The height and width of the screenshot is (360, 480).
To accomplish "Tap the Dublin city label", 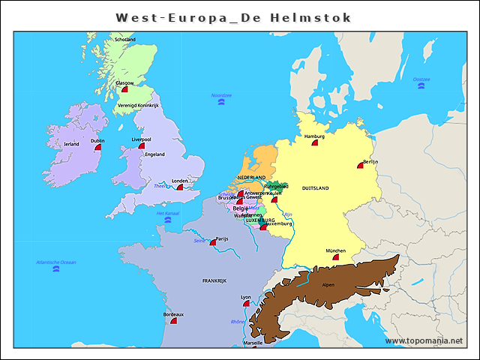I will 97,140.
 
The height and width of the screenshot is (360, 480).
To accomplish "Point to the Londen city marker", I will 179,187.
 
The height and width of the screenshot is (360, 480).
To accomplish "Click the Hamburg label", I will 315,136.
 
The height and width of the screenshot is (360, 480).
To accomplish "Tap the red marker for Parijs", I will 213,242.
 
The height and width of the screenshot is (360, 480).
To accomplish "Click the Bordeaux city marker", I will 173,320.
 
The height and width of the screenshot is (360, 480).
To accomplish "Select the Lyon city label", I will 246,297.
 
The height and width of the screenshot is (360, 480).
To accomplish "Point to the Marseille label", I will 253,343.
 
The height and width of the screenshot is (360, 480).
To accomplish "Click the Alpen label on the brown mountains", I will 328,285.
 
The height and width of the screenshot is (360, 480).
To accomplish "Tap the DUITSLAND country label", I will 316,188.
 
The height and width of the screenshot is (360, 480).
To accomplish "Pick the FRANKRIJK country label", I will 214,280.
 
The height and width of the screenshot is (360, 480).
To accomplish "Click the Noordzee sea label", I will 221,95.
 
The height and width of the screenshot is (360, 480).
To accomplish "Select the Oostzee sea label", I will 421,79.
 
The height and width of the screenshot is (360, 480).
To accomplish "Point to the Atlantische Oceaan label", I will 56,262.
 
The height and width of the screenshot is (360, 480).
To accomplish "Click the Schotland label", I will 124,39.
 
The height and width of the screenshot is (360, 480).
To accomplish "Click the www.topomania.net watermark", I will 424,341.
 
